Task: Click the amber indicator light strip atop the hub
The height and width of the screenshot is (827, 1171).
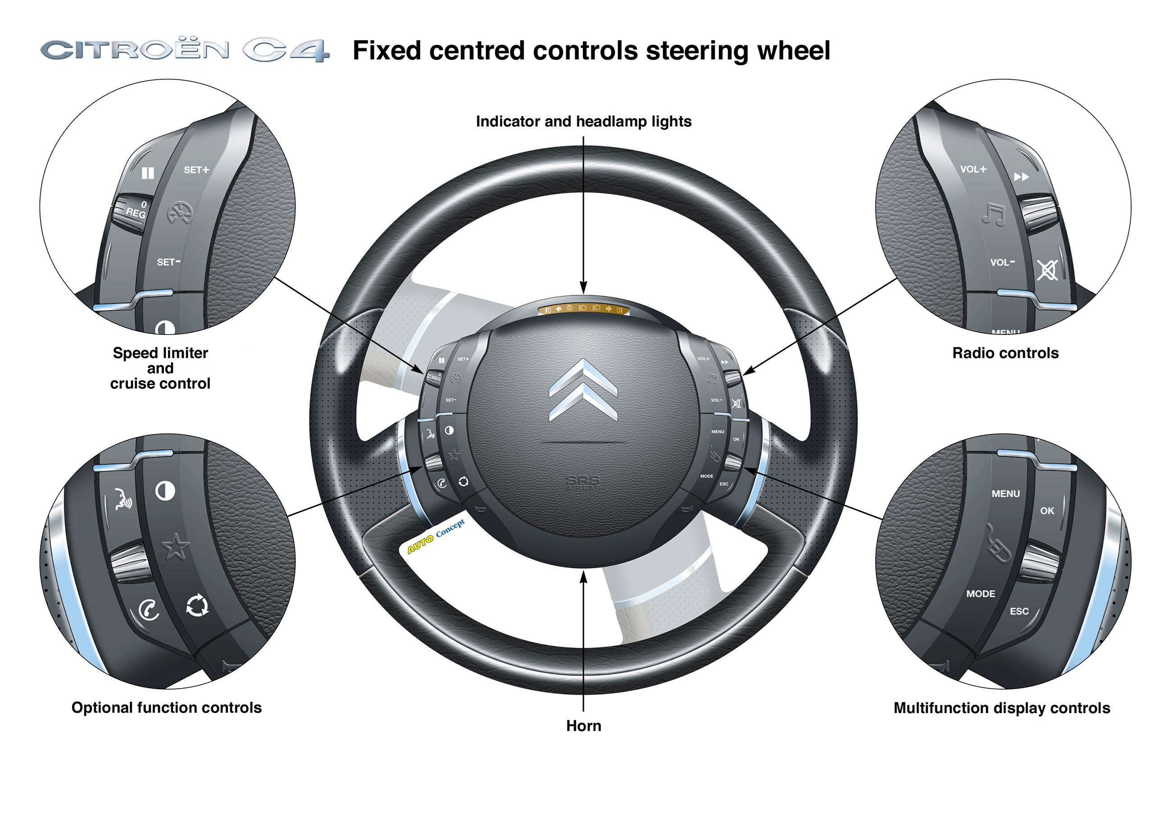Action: [583, 308]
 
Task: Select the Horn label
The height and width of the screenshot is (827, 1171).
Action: [583, 726]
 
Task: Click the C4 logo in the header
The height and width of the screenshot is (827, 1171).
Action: [286, 50]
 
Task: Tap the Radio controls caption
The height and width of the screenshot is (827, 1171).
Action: [1005, 353]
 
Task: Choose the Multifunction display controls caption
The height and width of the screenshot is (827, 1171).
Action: [1002, 708]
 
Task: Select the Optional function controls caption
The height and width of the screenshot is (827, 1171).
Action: [166, 707]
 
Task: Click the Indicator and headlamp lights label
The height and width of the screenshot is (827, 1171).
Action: [583, 122]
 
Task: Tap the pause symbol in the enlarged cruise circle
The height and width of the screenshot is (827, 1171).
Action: [147, 173]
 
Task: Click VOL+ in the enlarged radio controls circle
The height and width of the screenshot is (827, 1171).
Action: [973, 169]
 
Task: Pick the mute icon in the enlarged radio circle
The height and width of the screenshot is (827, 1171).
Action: [1047, 270]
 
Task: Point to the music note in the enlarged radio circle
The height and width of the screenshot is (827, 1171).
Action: [994, 214]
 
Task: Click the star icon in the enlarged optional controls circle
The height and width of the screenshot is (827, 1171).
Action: [176, 547]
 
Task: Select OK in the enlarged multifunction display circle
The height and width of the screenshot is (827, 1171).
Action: [1047, 511]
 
